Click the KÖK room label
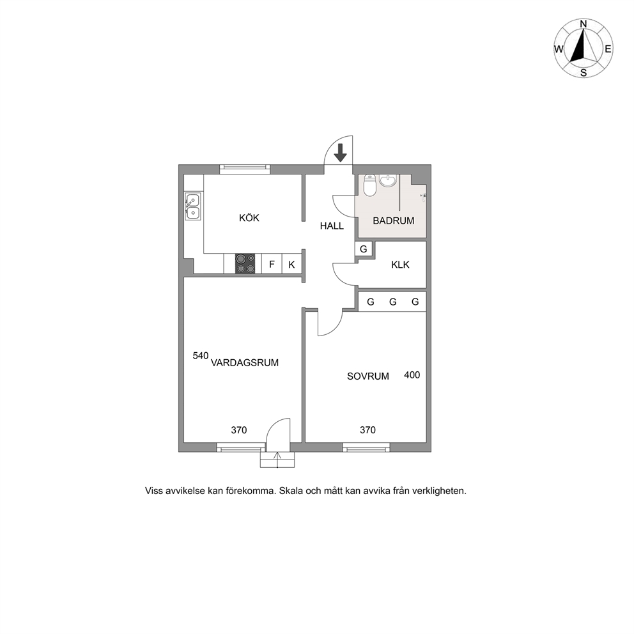tap(249, 218)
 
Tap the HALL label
tap(332, 226)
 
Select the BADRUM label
tap(394, 220)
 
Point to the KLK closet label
tap(400, 265)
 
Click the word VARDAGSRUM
tap(245, 362)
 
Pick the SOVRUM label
tap(368, 376)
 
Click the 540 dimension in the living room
tap(201, 356)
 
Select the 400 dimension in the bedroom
tap(412, 375)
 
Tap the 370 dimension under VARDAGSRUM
tap(239, 430)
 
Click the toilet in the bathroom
tap(370, 185)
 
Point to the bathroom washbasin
tap(389, 180)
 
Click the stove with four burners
tap(245, 263)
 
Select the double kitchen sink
tap(192, 206)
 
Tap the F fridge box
tap(272, 264)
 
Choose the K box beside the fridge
tap(291, 264)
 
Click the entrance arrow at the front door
tap(341, 153)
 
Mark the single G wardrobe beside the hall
tap(364, 249)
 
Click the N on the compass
tap(584, 24)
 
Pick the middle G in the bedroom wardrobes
tap(392, 302)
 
